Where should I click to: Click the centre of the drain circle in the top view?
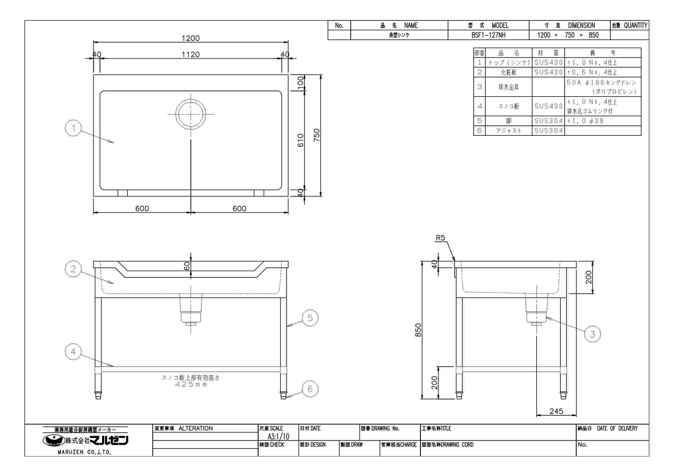point(191,114)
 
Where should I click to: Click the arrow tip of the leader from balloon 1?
point(114,143)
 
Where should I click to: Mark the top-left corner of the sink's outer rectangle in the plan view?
point(94,75)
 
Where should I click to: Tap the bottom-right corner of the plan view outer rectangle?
point(288,196)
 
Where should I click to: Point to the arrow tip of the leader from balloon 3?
point(545,317)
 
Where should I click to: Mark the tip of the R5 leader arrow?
point(455,261)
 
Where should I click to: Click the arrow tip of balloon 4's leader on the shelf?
point(114,366)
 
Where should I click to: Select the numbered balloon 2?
point(73,269)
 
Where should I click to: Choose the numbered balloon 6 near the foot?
point(310,389)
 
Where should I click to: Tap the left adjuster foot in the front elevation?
point(98,395)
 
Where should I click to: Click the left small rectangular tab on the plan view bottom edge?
point(123,193)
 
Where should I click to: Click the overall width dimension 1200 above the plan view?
point(190,38)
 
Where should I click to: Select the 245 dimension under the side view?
point(556,411)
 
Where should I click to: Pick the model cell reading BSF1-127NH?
point(488,35)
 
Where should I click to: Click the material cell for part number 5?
point(548,121)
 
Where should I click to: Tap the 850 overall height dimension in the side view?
point(418,330)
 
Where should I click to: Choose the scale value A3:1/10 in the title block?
point(278,436)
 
